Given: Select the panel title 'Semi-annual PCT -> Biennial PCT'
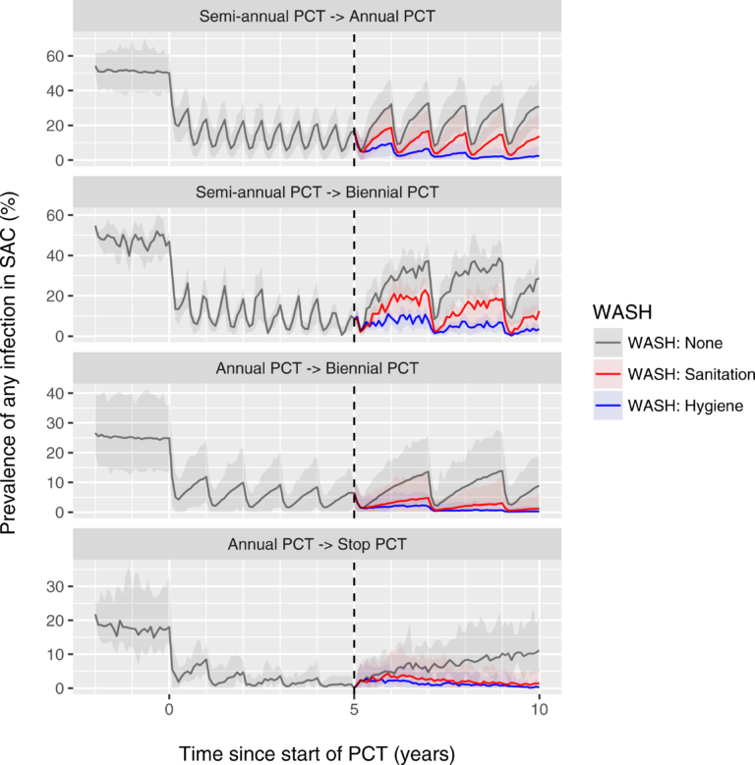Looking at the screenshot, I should [316, 192].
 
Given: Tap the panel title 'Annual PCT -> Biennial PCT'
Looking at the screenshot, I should [316, 369].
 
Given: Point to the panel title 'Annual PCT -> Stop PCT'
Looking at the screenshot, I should [316, 542].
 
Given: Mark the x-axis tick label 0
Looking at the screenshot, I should [169, 709].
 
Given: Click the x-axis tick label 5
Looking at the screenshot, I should [354, 709].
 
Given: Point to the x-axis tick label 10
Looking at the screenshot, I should [539, 709].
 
